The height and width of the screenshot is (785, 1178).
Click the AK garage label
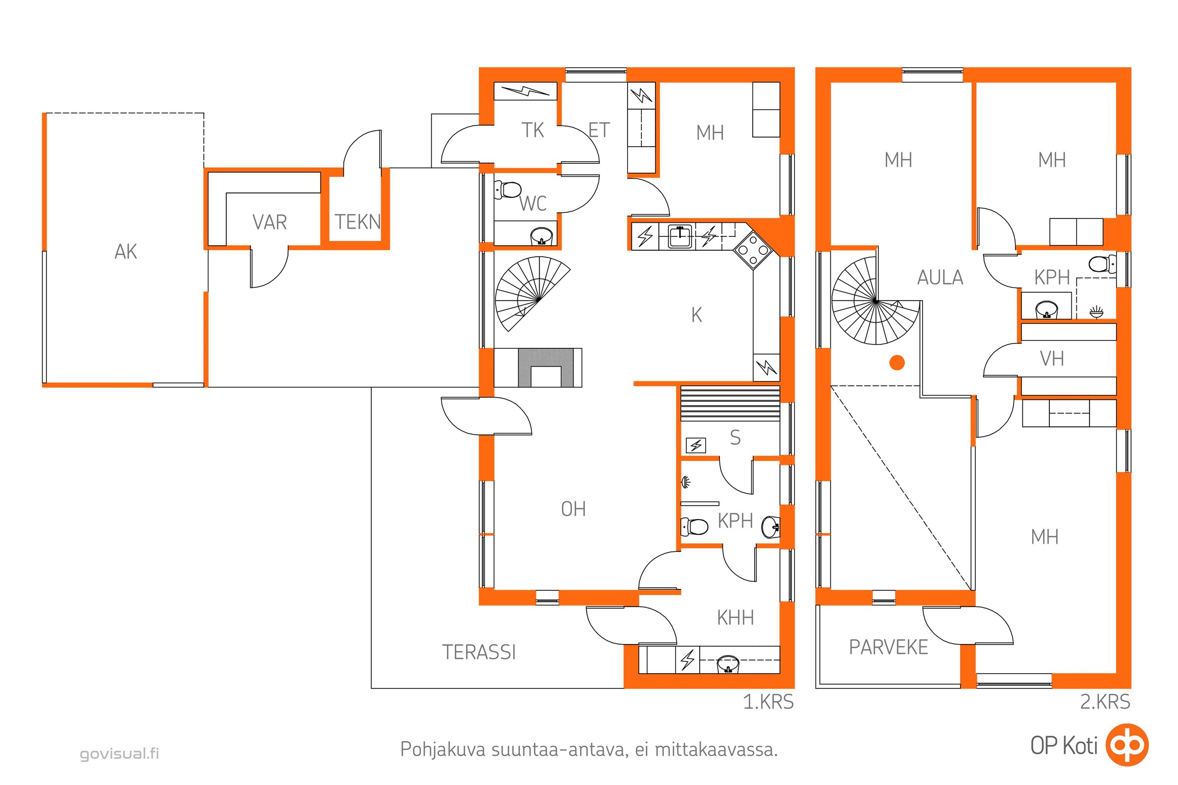(126, 252)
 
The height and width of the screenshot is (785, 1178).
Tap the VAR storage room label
(270, 222)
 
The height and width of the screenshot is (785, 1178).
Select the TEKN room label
(358, 222)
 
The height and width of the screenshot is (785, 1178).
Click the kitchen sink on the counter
(680, 236)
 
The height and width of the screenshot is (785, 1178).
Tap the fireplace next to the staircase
(539, 367)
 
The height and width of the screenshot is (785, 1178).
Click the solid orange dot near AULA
(897, 363)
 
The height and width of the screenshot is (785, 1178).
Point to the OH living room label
(573, 509)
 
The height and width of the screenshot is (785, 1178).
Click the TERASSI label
(478, 653)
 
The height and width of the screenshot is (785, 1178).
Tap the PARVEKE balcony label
(888, 647)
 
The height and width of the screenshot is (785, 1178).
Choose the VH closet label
(1052, 359)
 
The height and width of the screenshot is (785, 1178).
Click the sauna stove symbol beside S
(695, 445)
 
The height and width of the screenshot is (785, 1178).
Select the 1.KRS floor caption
(768, 702)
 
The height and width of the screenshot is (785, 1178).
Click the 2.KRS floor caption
(1105, 702)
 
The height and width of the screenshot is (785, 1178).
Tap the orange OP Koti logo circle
(1127, 745)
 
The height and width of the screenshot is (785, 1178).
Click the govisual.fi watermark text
(119, 754)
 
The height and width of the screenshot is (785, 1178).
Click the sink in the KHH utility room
(728, 664)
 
